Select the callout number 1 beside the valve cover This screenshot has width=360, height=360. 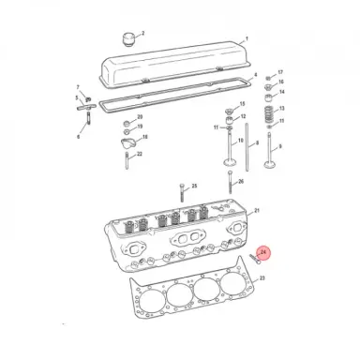coord(246,38)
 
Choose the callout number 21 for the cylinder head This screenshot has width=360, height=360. coord(258,212)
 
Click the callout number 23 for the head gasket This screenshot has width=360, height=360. coord(262,279)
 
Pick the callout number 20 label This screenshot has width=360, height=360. coord(140,117)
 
